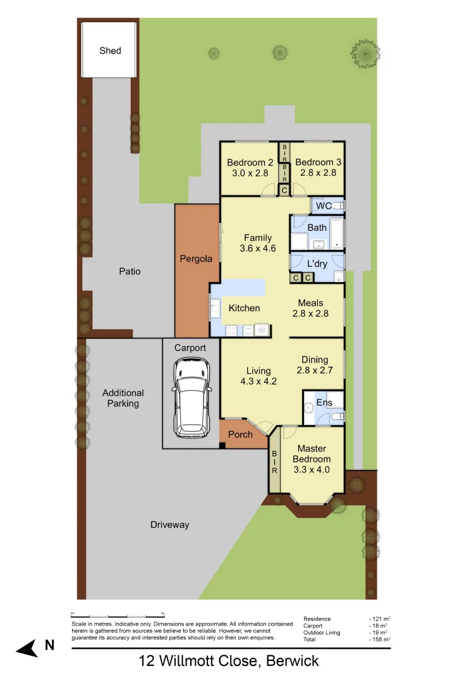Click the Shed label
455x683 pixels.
110,51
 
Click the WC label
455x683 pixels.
324,206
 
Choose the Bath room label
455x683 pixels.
317,228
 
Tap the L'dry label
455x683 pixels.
317,264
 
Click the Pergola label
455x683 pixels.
196,259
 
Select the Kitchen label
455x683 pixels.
244,308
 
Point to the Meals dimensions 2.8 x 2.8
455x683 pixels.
310,313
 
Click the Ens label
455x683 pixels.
324,403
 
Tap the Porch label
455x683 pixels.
240,434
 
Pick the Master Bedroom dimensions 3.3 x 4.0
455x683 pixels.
312,470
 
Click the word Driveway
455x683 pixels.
169,525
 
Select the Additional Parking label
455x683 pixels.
123,398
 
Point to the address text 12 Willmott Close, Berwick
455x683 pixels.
228,661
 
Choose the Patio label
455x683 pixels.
130,271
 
